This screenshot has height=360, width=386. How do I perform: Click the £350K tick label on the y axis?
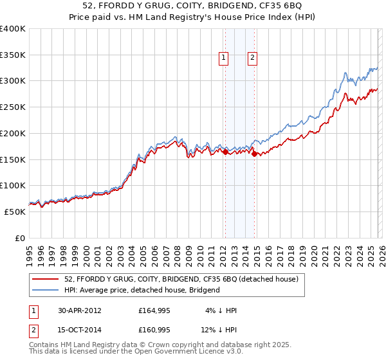13,55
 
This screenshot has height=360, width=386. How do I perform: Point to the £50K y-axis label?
15,212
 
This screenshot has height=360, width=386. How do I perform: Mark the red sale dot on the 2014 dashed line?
255,154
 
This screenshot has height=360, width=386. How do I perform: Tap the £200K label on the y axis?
13,134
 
